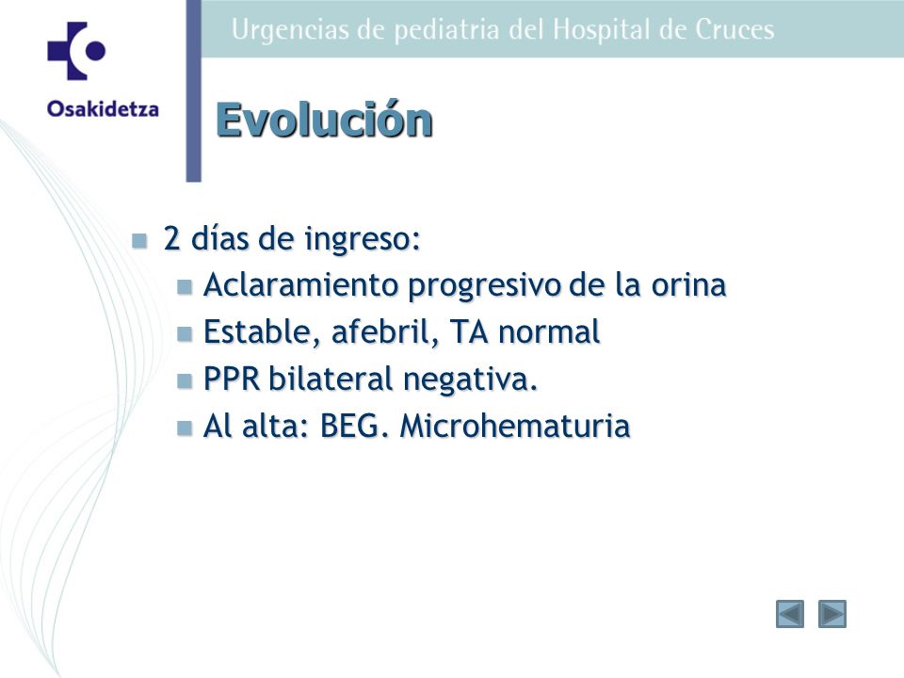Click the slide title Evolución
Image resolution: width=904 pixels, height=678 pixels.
[x=324, y=120]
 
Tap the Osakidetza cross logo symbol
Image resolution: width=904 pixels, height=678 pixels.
[x=76, y=51]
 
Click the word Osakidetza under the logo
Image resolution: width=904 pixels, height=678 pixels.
[x=104, y=109]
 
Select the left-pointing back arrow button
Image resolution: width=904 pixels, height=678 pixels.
[x=790, y=614]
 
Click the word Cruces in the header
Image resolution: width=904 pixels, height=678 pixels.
[x=734, y=30]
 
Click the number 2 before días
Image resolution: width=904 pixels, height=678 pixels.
[x=171, y=237]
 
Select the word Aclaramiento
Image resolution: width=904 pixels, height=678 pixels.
[x=302, y=284]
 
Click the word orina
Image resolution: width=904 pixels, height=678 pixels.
[x=688, y=284]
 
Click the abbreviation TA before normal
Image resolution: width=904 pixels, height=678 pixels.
[x=469, y=332]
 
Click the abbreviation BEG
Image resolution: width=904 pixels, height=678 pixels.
[x=353, y=427]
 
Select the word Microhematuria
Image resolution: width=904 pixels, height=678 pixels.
[x=515, y=427]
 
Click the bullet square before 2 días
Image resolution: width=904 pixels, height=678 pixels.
[x=139, y=240]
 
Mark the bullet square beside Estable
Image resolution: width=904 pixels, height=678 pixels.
[x=185, y=333]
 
